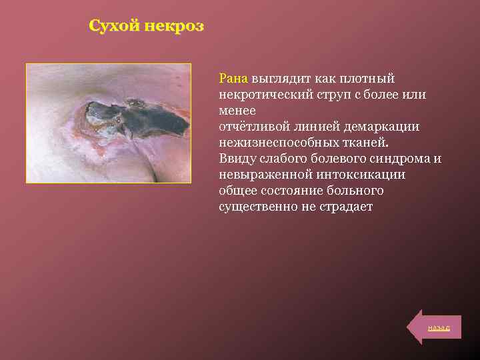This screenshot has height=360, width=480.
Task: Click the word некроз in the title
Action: point(175,27)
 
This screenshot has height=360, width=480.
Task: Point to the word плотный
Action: point(371,79)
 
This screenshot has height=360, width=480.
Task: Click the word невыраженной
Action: point(261,175)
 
